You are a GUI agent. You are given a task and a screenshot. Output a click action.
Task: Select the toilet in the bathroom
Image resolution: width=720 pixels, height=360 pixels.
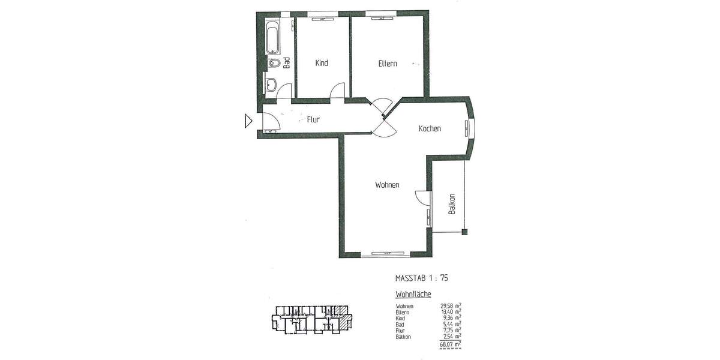pyautogui.click(x=275, y=64)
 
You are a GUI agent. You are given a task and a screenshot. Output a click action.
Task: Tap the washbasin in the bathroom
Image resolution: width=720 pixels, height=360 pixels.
pyautogui.click(x=271, y=85)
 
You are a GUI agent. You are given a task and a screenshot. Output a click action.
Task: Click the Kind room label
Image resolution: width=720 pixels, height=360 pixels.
pyautogui.click(x=322, y=63)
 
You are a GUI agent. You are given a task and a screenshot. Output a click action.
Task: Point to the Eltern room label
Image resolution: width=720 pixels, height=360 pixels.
pyautogui.click(x=388, y=64)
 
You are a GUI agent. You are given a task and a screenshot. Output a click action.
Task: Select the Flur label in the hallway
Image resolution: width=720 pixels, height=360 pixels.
pyautogui.click(x=313, y=119)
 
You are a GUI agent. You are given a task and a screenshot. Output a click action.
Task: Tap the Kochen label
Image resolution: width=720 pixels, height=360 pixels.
pyautogui.click(x=430, y=128)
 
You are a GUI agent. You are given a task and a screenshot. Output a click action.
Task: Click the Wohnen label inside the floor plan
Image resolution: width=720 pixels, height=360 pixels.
pyautogui.click(x=387, y=185)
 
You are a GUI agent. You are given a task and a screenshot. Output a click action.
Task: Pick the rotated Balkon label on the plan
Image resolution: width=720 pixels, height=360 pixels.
pyautogui.click(x=452, y=204)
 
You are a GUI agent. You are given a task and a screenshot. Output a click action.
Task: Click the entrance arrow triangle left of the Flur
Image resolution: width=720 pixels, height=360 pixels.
pyautogui.click(x=248, y=122)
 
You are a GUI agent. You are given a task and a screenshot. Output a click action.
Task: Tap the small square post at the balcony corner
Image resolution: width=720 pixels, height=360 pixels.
pyautogui.click(x=464, y=232)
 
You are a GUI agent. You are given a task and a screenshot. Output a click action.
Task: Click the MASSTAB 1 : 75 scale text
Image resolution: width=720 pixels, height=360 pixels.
pyautogui.click(x=422, y=278)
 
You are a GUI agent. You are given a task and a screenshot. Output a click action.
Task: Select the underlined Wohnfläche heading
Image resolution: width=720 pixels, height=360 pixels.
pyautogui.click(x=413, y=295)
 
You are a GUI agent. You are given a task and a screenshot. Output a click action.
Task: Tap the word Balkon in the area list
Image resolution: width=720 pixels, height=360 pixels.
pyautogui.click(x=403, y=337)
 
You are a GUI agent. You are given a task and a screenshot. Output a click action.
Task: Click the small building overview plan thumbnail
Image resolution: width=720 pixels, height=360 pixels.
pyautogui.click(x=310, y=317)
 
